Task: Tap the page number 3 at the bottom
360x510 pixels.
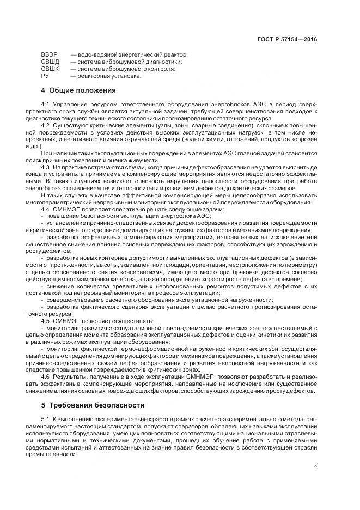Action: click(316, 465)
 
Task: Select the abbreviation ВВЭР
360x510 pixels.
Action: click(48, 55)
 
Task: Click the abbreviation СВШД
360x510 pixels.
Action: click(50, 62)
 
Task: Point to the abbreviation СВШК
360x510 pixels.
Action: click(50, 69)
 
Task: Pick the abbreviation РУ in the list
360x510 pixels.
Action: click(45, 76)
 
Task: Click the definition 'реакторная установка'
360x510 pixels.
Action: click(108, 76)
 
